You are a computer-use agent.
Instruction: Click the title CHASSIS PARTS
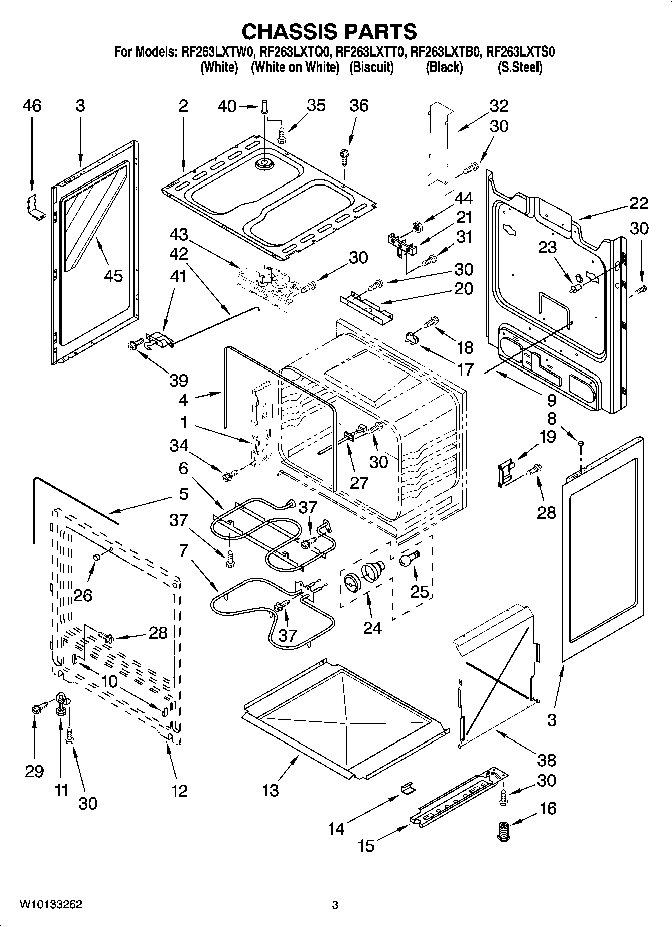pos(329,31)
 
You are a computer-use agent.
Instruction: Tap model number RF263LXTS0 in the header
pos(520,52)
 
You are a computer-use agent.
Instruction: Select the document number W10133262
pos(51,904)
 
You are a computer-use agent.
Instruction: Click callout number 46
pos(32,106)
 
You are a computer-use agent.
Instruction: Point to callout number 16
pos(548,808)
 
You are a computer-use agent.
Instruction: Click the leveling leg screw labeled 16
pos(502,831)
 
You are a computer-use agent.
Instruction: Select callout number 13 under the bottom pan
pos(271,791)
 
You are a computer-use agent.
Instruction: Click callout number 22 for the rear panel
pos(639,203)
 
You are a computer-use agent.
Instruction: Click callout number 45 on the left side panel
pos(113,275)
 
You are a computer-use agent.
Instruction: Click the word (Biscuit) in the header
pos(371,67)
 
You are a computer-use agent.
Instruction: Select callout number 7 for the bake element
pos(183,550)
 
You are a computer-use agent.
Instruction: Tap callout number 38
pos(547,760)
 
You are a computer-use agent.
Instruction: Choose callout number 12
pos(179,791)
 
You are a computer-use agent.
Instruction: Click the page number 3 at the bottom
pos(335,905)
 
